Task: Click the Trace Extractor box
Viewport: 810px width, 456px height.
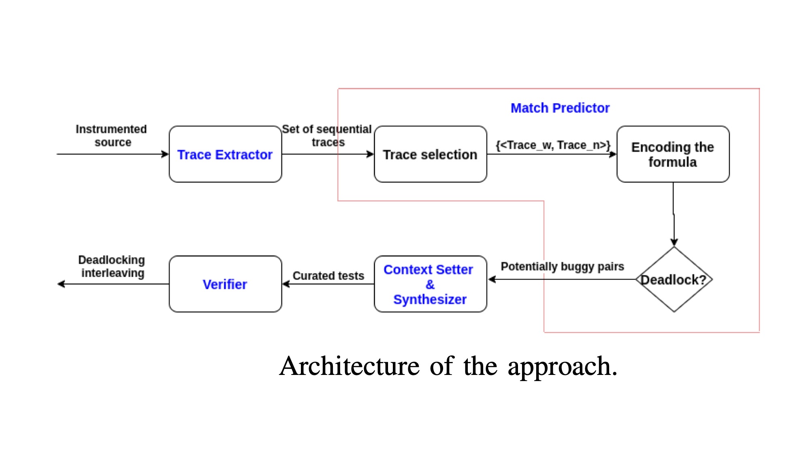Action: click(x=225, y=154)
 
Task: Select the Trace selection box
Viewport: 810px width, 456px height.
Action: click(x=430, y=154)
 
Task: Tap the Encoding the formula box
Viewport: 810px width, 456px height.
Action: click(x=673, y=154)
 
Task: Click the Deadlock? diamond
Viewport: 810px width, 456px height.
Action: click(x=674, y=280)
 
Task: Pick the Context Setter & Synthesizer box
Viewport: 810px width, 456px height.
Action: click(x=430, y=284)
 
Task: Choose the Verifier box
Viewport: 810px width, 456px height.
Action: click(x=225, y=284)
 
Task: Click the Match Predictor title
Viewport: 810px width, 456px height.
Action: click(x=560, y=108)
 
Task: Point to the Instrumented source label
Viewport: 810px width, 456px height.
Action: click(x=111, y=135)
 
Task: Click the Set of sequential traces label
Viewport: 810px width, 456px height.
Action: click(x=327, y=135)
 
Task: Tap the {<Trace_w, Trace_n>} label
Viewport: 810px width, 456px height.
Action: click(x=553, y=145)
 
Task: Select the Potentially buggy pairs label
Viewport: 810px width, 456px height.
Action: click(x=562, y=266)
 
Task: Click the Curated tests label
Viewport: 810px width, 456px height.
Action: click(x=328, y=276)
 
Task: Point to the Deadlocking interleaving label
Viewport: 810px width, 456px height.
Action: click(x=112, y=266)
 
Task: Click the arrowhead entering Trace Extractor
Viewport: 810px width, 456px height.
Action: click(x=165, y=154)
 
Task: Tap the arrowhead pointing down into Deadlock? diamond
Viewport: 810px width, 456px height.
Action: click(x=674, y=242)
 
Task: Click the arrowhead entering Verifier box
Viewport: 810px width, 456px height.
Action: click(x=286, y=284)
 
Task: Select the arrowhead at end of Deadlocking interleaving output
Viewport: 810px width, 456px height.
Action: click(x=61, y=284)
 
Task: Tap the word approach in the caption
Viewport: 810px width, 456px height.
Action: click(x=562, y=366)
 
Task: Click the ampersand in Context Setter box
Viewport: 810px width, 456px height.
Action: click(x=430, y=284)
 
